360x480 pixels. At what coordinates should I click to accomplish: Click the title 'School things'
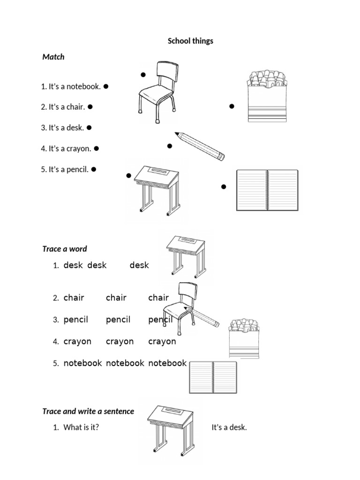point(190,41)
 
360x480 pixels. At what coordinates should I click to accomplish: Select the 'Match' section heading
point(53,57)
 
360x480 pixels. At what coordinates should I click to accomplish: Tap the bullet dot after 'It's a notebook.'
point(106,86)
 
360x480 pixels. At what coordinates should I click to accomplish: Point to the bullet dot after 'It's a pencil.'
point(94,169)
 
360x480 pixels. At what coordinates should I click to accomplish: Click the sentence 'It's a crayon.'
point(66,149)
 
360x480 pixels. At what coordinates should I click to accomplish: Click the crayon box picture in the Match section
point(266,97)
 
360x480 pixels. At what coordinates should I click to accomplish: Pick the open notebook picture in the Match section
point(267,190)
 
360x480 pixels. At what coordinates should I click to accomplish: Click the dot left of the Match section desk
point(128,176)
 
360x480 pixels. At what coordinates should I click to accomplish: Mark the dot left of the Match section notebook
point(224,187)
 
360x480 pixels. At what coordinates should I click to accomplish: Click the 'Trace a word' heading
point(65,249)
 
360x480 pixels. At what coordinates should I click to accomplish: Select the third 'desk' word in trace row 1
point(139,265)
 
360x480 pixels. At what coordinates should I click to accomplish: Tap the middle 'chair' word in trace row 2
point(116,298)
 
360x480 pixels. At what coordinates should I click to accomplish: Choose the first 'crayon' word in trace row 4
point(77,342)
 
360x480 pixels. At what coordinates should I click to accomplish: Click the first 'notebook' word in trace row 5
point(83,363)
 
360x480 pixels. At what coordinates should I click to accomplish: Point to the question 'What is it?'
point(81,427)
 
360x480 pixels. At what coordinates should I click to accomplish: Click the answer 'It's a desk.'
point(229,427)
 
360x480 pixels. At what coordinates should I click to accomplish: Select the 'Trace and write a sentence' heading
point(88,412)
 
